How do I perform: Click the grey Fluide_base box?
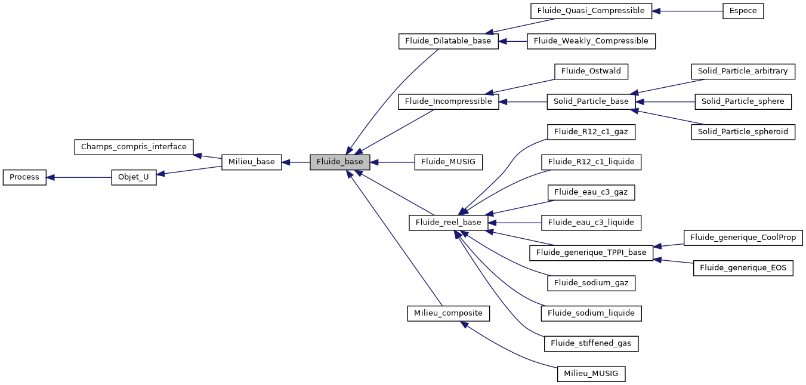pyautogui.click(x=339, y=162)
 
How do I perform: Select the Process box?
pyautogui.click(x=24, y=177)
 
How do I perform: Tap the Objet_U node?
pyautogui.click(x=134, y=177)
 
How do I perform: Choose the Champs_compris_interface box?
pyautogui.click(x=134, y=147)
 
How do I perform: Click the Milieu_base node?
pyautogui.click(x=251, y=162)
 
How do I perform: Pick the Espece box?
pyautogui.click(x=743, y=11)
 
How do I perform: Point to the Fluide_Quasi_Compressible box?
pyautogui.click(x=591, y=11)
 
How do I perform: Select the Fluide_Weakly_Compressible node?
pyautogui.click(x=591, y=41)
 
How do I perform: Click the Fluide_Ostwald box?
pyautogui.click(x=591, y=71)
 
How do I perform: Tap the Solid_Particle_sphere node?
pyautogui.click(x=743, y=101)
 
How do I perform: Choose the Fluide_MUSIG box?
pyautogui.click(x=448, y=162)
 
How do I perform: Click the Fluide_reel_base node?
pyautogui.click(x=448, y=223)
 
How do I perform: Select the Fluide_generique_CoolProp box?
pyautogui.click(x=743, y=238)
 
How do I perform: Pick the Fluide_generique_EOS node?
pyautogui.click(x=743, y=268)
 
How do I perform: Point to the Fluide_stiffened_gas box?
pyautogui.click(x=591, y=343)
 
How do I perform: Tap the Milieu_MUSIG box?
pyautogui.click(x=591, y=374)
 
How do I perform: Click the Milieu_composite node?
pyautogui.click(x=448, y=313)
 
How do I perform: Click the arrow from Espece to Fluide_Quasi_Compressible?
pyautogui.click(x=687, y=11)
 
